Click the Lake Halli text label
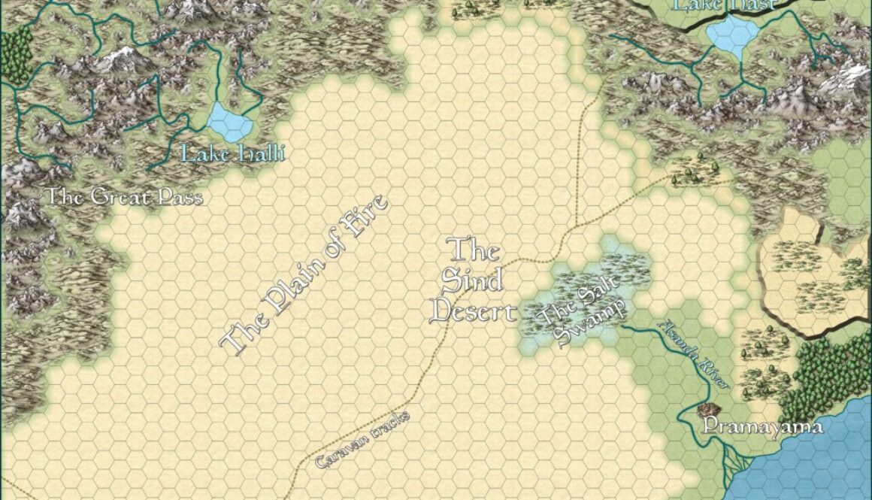point(234,154)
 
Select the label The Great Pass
point(125,197)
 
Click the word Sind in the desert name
point(471,280)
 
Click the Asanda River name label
point(693,354)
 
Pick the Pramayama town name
point(761,427)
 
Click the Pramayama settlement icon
point(707,410)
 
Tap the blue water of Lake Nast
point(732,35)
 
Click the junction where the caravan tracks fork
point(576,226)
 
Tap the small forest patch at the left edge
point(17,53)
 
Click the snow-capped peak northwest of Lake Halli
point(120,56)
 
